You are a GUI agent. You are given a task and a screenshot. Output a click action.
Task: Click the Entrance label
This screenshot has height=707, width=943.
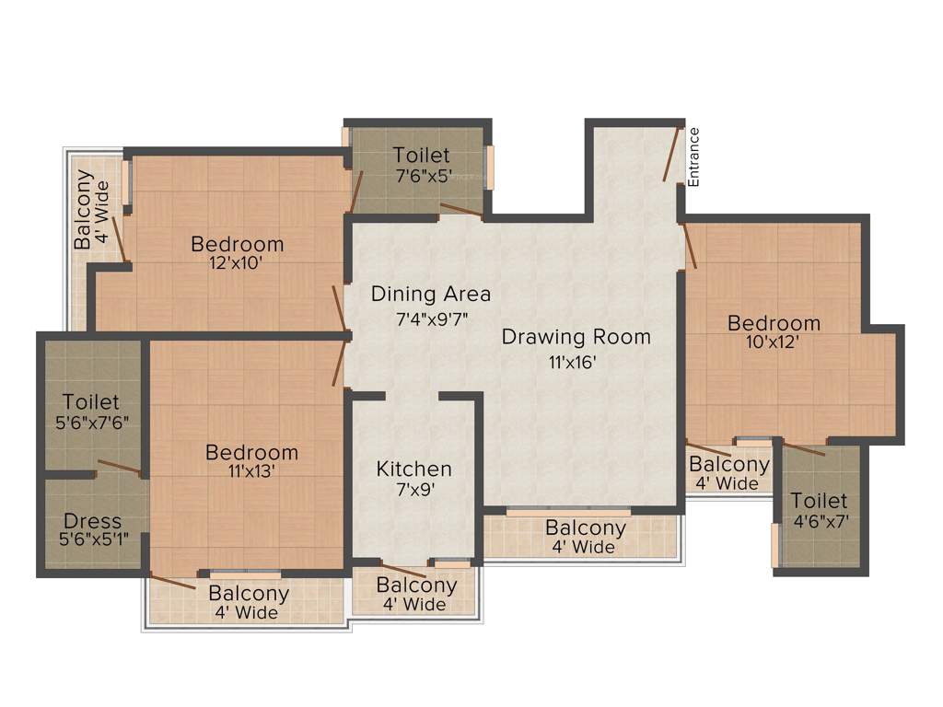(x=694, y=157)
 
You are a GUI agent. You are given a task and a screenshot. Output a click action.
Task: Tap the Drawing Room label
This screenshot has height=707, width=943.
(x=576, y=337)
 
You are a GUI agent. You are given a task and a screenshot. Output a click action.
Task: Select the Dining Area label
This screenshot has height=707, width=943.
(x=431, y=295)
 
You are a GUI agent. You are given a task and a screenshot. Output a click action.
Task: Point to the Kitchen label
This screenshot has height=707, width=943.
(x=413, y=469)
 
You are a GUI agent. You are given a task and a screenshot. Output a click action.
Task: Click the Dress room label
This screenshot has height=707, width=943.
(x=92, y=522)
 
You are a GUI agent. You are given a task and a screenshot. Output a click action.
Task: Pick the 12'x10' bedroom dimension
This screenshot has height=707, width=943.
(x=237, y=263)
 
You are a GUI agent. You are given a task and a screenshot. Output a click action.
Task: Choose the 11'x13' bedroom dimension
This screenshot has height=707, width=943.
(x=251, y=471)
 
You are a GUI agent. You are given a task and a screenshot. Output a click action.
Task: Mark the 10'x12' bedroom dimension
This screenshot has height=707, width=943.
(x=774, y=342)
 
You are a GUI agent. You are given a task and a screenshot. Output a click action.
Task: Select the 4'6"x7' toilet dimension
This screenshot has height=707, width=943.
(x=819, y=520)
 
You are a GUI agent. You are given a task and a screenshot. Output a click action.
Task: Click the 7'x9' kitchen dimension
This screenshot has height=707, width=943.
(x=413, y=490)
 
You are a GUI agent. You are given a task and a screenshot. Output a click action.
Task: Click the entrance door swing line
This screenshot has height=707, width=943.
(x=671, y=154)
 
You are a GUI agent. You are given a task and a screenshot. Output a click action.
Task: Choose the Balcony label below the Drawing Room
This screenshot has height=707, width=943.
(x=585, y=528)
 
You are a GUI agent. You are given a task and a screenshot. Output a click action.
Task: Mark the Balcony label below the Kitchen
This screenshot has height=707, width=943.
(x=416, y=585)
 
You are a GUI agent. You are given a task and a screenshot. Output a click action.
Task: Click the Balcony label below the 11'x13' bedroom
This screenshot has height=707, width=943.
(x=249, y=594)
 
